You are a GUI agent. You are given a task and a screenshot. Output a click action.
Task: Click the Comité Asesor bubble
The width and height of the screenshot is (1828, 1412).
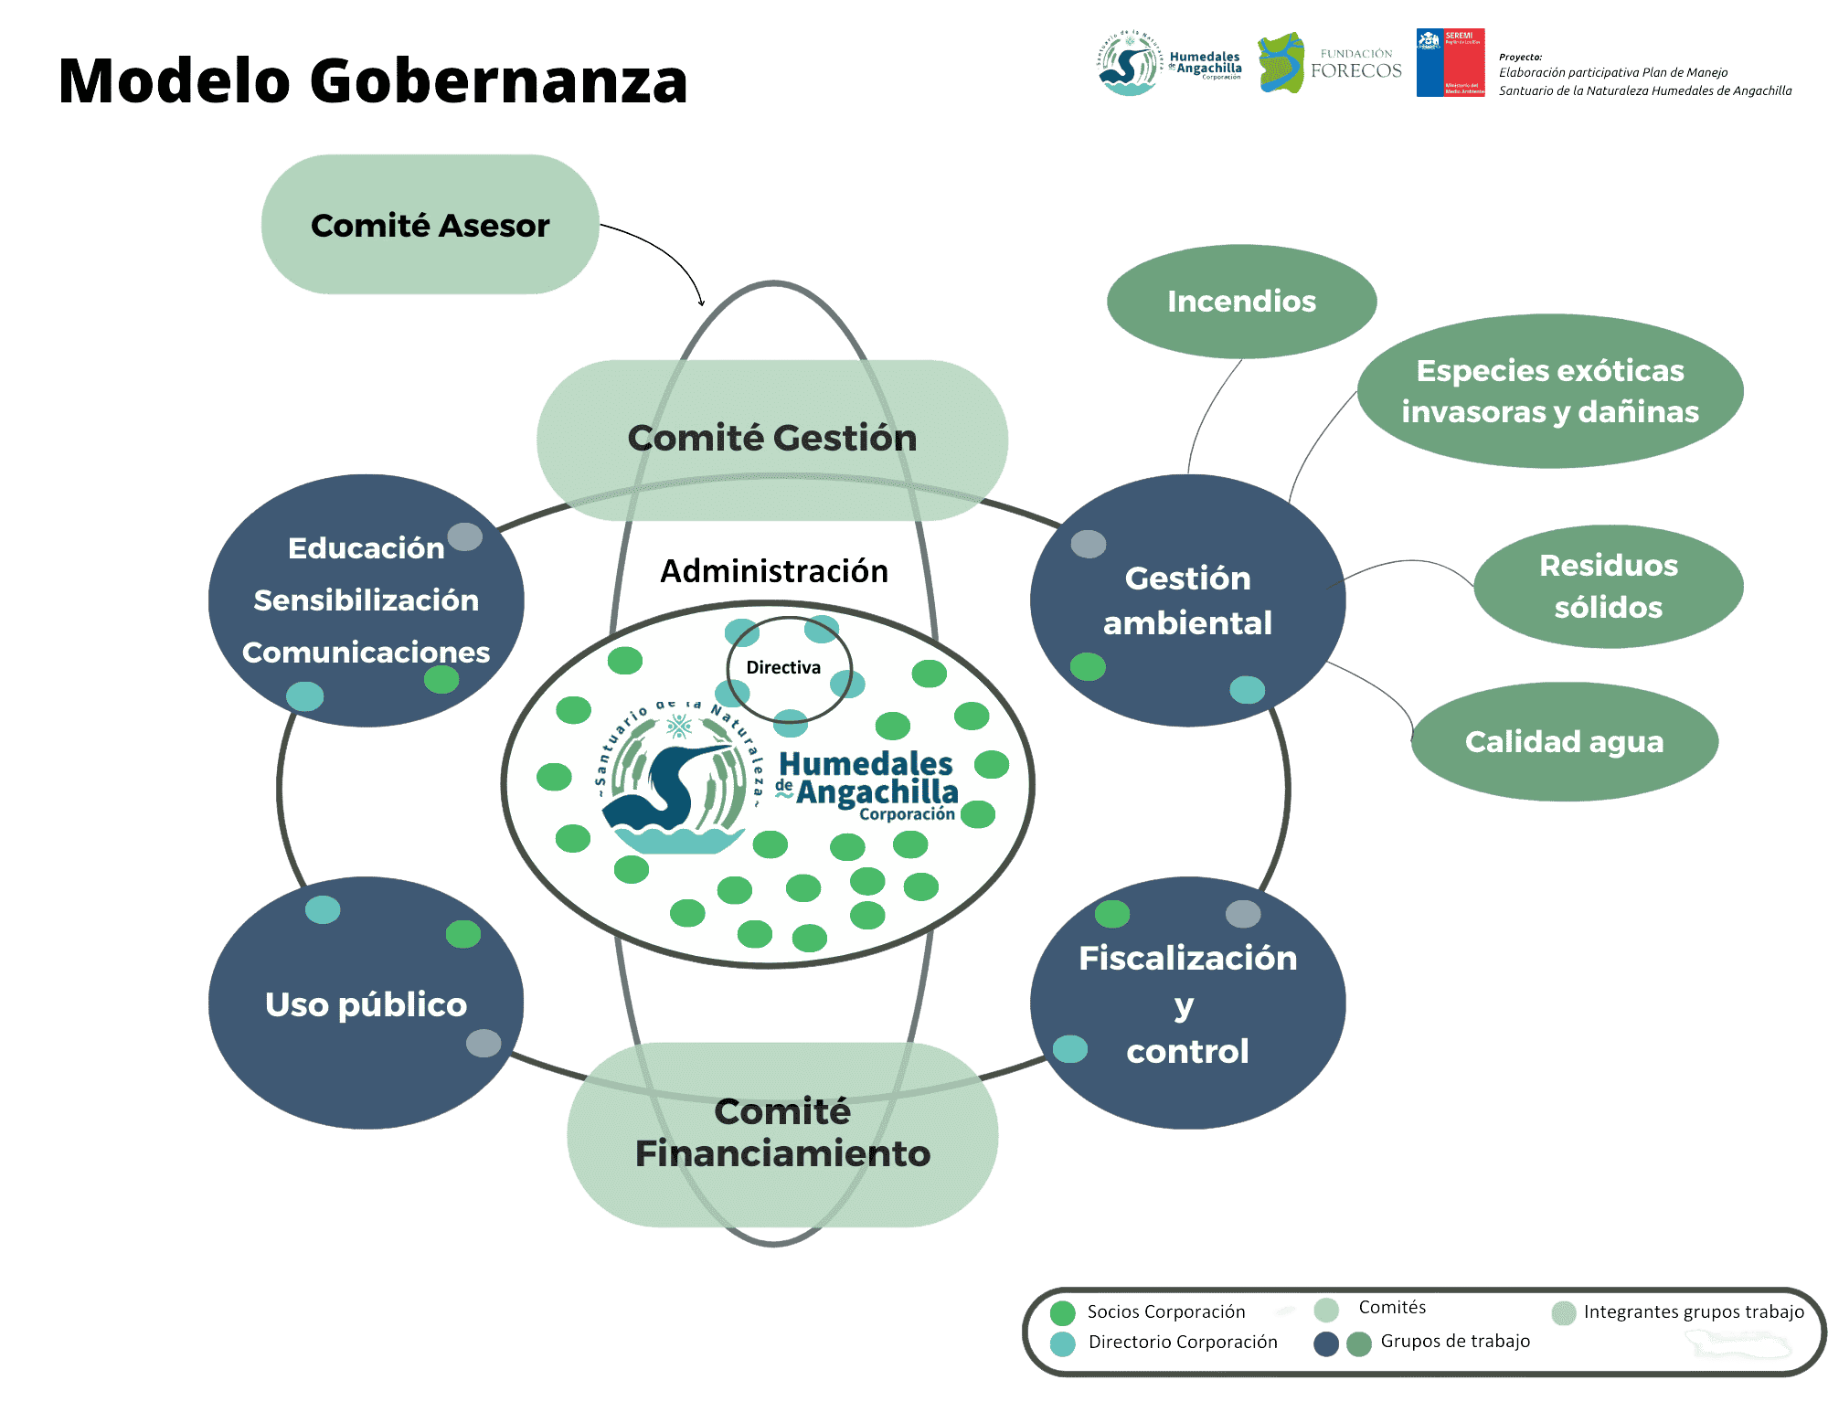[430, 225]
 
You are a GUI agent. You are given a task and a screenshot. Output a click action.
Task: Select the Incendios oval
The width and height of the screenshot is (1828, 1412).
[1241, 302]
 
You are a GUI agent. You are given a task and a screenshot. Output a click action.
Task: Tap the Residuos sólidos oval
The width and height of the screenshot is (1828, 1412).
[1608, 586]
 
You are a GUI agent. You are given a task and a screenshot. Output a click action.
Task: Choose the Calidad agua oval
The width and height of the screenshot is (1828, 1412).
[1564, 741]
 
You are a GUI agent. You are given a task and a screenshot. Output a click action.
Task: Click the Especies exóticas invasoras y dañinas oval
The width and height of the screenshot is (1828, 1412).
[1550, 391]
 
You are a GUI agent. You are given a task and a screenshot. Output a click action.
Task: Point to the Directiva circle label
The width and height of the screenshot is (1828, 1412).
[783, 667]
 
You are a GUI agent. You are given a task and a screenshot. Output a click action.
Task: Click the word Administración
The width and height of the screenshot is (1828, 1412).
[774, 571]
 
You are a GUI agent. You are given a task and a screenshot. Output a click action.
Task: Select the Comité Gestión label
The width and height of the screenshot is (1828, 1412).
[772, 438]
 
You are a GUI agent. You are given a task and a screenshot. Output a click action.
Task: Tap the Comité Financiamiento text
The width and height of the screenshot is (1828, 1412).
[782, 1132]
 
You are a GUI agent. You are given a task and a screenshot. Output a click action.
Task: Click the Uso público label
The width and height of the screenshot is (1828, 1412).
[366, 1004]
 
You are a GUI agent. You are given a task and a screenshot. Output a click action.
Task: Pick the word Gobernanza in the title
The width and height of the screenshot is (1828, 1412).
[498, 80]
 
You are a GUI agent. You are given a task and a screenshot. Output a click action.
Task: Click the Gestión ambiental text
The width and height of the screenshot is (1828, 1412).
[1187, 600]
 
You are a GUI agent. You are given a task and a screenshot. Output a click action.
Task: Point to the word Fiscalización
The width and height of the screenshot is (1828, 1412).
[1187, 958]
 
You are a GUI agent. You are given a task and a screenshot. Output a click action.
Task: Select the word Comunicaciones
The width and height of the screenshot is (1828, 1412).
[366, 653]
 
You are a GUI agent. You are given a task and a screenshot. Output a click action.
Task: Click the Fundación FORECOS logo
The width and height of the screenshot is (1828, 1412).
[1330, 62]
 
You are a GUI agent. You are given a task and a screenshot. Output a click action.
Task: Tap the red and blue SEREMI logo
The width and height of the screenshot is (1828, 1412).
[1450, 62]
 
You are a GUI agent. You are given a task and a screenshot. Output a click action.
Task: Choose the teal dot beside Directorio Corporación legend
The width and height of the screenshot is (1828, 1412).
[1062, 1343]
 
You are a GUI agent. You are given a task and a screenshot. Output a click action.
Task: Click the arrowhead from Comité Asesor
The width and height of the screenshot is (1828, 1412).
[701, 302]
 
